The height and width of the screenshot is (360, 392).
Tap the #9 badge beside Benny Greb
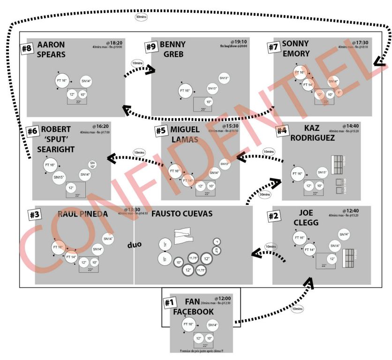(151, 47)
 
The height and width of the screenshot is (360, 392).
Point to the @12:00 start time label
(223, 298)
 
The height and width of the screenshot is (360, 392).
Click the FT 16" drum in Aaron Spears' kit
(62, 81)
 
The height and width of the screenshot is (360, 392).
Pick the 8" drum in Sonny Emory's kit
(339, 93)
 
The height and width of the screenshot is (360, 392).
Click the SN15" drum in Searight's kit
(59, 177)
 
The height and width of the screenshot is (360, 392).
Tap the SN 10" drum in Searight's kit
(92, 165)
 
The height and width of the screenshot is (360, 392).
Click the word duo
(134, 244)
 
